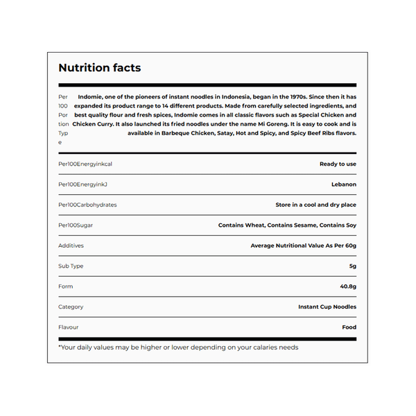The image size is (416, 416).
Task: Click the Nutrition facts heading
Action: [x=99, y=68]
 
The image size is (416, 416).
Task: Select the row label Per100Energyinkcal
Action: [x=85, y=164]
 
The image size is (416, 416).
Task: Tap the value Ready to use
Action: [x=338, y=164]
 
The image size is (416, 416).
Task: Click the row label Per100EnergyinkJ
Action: [x=83, y=184]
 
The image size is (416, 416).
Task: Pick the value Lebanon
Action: [x=344, y=184]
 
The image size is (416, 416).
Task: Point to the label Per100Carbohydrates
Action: [x=87, y=205]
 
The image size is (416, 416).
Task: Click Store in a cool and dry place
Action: [x=315, y=205]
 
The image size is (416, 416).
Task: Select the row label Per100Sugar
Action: [x=76, y=225]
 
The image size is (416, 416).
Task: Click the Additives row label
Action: [x=71, y=245]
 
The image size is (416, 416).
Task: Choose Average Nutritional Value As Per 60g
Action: [x=303, y=245]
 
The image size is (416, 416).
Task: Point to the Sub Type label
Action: [x=71, y=266]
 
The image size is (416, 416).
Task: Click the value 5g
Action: [x=352, y=266]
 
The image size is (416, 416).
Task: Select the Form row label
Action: [x=65, y=286]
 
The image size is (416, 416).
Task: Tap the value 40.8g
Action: [x=348, y=286]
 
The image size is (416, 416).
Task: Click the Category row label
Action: [x=71, y=306]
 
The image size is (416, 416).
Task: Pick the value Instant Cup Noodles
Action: [x=327, y=306]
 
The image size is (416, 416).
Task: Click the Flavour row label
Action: [x=69, y=327]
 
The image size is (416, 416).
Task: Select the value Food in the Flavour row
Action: [x=349, y=327]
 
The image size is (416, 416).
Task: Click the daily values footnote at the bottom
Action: [x=178, y=347]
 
